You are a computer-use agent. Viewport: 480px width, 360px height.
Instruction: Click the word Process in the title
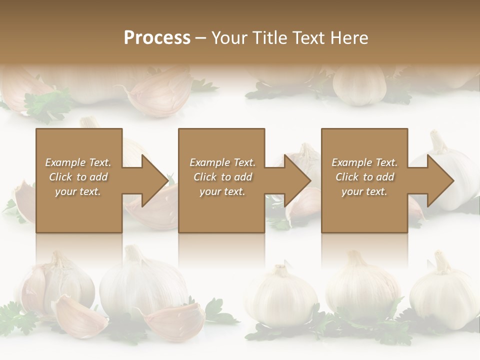tap(157, 38)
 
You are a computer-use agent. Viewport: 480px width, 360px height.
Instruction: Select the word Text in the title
tap(310, 38)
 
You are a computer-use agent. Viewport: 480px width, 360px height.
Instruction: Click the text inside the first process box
tap(78, 177)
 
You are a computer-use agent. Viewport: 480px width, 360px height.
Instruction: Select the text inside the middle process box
tap(222, 177)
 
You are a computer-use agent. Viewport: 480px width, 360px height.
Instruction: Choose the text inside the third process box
tap(364, 177)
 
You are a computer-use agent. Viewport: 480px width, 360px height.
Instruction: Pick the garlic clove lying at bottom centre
tap(175, 320)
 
